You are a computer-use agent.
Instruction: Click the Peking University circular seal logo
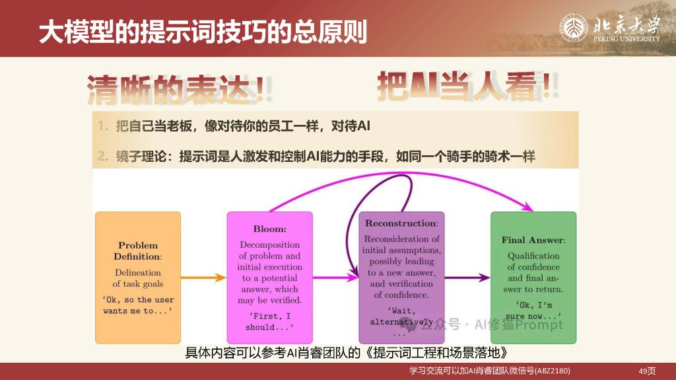coord(574,28)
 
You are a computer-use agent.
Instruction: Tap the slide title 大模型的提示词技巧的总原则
coord(203,32)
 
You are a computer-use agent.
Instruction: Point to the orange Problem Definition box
coord(138,278)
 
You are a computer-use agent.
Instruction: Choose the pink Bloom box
coord(270,278)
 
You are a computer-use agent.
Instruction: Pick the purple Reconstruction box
coord(402,278)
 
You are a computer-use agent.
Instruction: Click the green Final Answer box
coord(533,278)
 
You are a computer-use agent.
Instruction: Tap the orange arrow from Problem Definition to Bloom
coord(203,278)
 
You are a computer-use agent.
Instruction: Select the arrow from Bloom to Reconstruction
coord(335,278)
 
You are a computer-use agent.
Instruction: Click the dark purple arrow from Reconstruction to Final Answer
coord(467,278)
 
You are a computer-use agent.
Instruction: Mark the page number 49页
coord(647,371)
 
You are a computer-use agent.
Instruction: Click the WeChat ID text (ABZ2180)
coord(553,371)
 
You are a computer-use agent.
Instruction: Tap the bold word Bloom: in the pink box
coord(270,229)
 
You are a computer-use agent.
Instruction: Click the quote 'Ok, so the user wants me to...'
coord(138,305)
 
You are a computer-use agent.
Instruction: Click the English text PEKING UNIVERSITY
coord(627,38)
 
